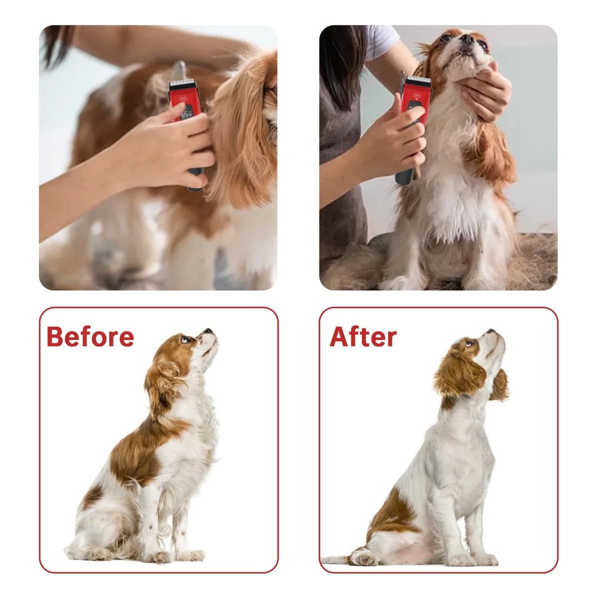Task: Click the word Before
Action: pyautogui.click(x=90, y=337)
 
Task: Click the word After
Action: pyautogui.click(x=363, y=337)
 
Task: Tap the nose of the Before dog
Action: pyautogui.click(x=208, y=331)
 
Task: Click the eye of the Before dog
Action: pyautogui.click(x=185, y=339)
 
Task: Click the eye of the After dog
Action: pyautogui.click(x=469, y=343)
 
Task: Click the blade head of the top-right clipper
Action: pyautogui.click(x=417, y=80)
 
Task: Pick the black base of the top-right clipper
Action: pyautogui.click(x=405, y=176)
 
